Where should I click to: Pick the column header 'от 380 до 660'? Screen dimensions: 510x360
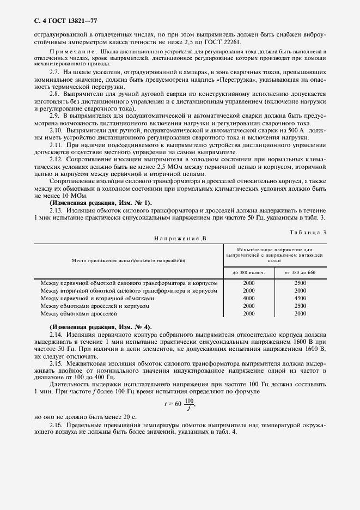pos(300,272)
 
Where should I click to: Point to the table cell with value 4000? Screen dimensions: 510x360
pos(249,299)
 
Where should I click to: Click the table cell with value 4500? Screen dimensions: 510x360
pos(300,299)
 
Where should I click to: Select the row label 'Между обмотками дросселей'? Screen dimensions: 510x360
pos(78,314)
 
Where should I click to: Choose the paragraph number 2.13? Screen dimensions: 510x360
pos(57,209)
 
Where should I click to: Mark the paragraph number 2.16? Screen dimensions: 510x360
pos(57,424)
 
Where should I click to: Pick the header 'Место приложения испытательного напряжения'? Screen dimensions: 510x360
pos(129,261)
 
